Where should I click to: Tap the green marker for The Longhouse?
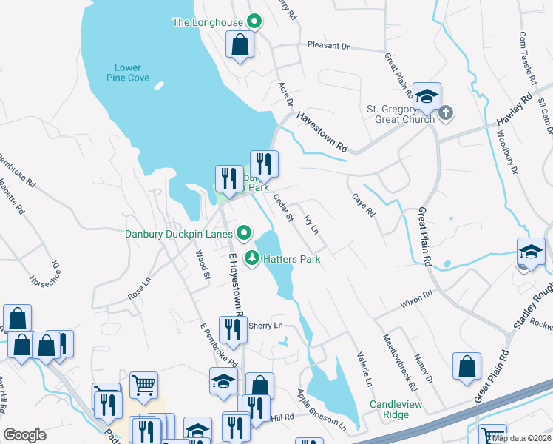(x=254, y=21)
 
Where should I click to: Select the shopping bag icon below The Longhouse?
(x=240, y=46)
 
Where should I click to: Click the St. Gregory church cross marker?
(x=445, y=113)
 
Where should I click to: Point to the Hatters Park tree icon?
(x=253, y=259)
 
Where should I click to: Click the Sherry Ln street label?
(x=265, y=326)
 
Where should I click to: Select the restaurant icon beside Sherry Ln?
(x=233, y=330)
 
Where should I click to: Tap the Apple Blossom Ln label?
(x=321, y=410)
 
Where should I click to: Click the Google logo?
(x=25, y=435)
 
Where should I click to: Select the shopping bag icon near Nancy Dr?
(x=467, y=366)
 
